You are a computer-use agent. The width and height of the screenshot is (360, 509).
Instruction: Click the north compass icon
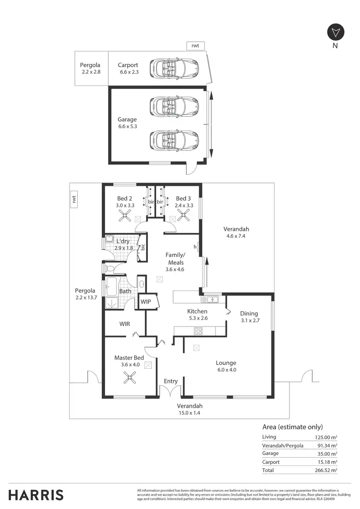pyautogui.click(x=336, y=33)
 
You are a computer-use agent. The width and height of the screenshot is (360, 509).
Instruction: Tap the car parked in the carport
pyautogui.click(x=174, y=68)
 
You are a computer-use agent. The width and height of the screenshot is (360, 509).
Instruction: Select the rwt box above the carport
pyautogui.click(x=195, y=46)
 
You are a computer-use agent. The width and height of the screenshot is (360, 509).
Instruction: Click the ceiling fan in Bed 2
pyautogui.click(x=124, y=215)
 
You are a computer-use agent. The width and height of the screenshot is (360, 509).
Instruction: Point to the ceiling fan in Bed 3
pyautogui.click(x=183, y=215)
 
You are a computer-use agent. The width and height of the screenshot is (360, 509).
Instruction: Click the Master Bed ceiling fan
pyautogui.click(x=130, y=377)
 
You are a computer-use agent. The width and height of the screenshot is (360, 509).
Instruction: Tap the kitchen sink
pyautogui.click(x=210, y=299)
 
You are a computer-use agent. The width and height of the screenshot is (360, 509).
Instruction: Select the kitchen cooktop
pyautogui.click(x=198, y=331)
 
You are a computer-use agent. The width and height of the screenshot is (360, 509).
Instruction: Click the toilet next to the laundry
pyautogui.click(x=109, y=268)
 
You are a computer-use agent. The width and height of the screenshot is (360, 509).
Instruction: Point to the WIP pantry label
pyautogui.click(x=146, y=302)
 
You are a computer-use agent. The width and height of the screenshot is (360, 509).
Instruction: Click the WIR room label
pyautogui.click(x=125, y=324)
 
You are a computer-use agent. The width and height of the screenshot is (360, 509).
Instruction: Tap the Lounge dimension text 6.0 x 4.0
pyautogui.click(x=227, y=370)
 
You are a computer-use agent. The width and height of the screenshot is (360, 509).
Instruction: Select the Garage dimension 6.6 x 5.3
pyautogui.click(x=128, y=126)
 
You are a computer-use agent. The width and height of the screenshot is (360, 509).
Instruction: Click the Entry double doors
pyautogui.click(x=170, y=391)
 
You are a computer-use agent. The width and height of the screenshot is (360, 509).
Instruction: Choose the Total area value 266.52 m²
pyautogui.click(x=326, y=470)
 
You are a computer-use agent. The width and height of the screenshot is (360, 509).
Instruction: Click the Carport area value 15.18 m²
pyautogui.click(x=327, y=462)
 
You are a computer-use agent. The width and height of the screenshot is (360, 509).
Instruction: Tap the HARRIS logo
pyautogui.click(x=36, y=495)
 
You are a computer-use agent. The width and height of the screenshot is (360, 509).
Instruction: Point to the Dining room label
pyautogui.click(x=249, y=313)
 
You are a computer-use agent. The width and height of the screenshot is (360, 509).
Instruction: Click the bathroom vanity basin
pyautogui.click(x=142, y=284)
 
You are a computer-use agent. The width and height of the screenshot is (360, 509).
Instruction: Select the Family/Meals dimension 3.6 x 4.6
pyautogui.click(x=175, y=269)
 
